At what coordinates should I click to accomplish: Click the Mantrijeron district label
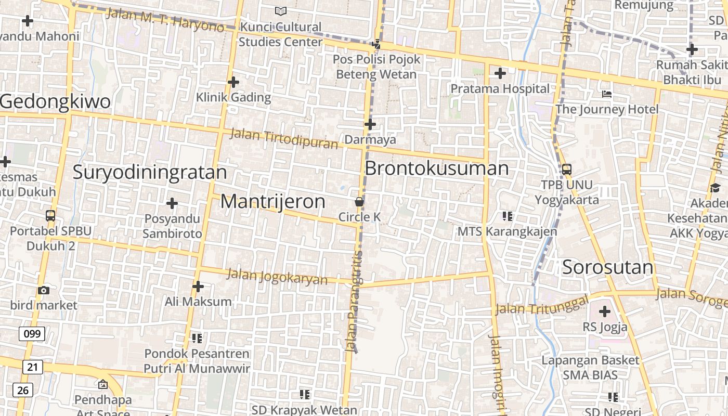point(273,201)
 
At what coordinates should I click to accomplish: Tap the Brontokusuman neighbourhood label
point(437,168)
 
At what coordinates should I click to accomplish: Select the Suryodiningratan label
point(150,172)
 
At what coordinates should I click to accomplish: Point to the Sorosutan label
point(607,267)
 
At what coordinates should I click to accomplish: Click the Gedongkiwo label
point(56,101)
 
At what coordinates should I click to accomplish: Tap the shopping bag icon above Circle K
point(359,201)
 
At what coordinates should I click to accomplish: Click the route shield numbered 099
point(32,333)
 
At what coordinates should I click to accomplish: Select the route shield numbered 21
point(32,367)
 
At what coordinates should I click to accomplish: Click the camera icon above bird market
point(44,290)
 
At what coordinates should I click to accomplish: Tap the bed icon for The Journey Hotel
point(607,94)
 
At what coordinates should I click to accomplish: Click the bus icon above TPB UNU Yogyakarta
point(567,169)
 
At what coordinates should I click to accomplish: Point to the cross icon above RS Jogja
point(604,312)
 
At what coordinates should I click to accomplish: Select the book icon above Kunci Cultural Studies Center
point(281,11)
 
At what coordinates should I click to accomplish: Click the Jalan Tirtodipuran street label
point(284,138)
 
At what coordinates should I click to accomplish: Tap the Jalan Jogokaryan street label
point(278,276)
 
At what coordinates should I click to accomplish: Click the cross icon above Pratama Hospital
point(500,73)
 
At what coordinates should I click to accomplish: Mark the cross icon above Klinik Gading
point(233,82)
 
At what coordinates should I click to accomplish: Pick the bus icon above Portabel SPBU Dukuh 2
point(50,215)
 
